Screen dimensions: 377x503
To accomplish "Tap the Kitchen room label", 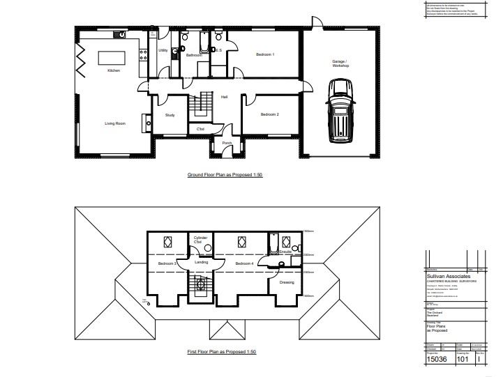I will (x=114, y=70).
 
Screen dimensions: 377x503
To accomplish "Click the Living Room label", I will (x=115, y=123).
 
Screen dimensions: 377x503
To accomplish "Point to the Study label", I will (x=170, y=115).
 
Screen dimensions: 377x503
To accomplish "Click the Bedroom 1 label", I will (x=264, y=54).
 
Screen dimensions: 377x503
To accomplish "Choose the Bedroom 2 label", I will (x=269, y=114).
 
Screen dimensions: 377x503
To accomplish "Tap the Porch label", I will (x=227, y=143).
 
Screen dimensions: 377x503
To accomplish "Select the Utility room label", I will (x=163, y=51).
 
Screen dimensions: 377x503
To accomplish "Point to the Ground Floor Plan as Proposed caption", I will (x=224, y=175).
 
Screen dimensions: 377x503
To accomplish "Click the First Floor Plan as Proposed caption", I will (x=222, y=352).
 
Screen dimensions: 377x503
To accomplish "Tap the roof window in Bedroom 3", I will (x=167, y=243).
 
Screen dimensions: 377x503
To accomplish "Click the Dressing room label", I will (x=286, y=282).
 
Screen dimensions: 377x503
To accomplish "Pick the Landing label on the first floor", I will (x=202, y=262).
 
